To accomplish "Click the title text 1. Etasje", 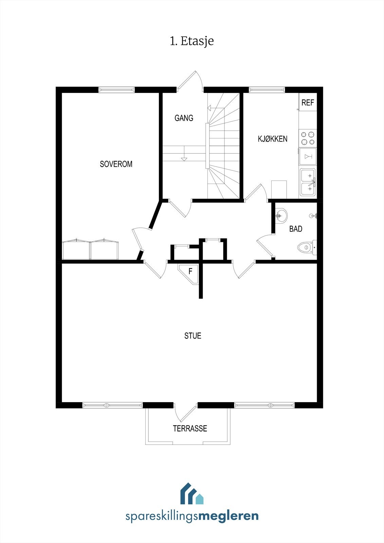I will coord(192,41).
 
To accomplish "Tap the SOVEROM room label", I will coord(116,164).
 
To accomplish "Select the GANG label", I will coord(184,118).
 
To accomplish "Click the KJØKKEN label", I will coord(273,139).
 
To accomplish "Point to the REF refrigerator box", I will coord(308,102).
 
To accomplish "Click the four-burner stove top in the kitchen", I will coord(308,138).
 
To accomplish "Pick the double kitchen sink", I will coord(308,182).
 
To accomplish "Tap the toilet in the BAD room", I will coord(306,247).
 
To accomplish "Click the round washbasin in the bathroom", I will coord(281,215).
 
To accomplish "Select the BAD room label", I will coord(296,229).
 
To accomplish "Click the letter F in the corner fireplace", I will coord(190,271).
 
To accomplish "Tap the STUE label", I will coord(193,336).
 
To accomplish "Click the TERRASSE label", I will coord(190,429).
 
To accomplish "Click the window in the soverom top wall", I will coord(116,90).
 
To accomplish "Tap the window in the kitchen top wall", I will coord(267,90).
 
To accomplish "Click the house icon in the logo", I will coord(192,494).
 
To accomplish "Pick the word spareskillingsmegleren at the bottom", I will coord(192,517).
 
